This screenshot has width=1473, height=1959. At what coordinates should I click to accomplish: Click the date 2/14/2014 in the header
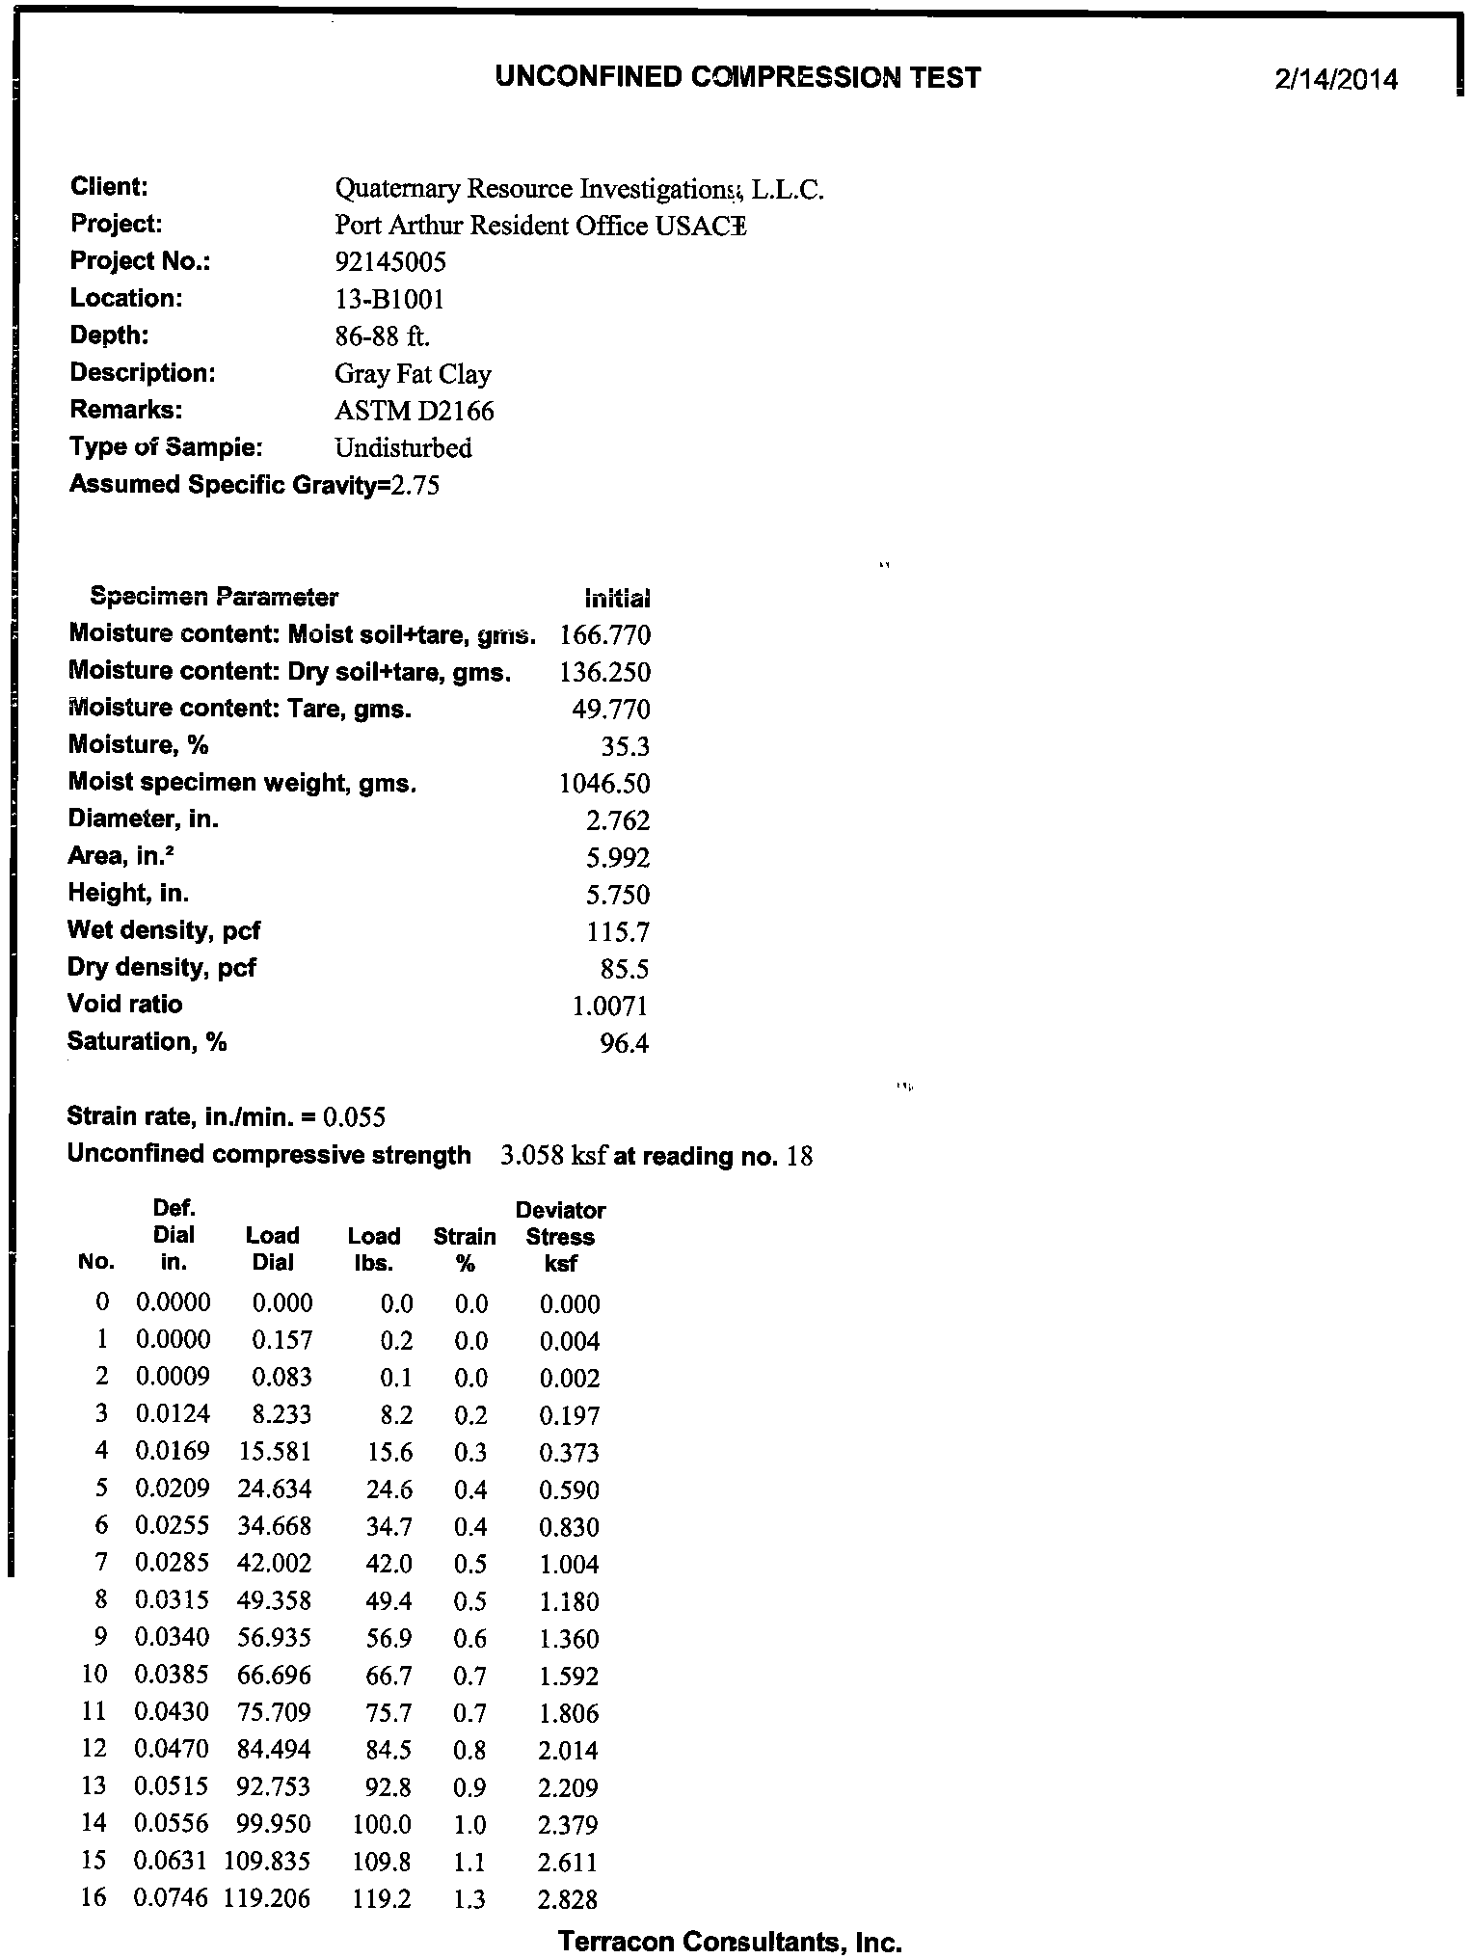1334,79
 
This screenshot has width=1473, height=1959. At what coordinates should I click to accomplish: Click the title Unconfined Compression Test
737,77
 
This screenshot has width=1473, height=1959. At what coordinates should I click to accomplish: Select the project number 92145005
390,262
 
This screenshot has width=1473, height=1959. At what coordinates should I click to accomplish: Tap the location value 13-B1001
389,300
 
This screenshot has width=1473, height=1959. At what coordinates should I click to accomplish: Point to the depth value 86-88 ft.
382,336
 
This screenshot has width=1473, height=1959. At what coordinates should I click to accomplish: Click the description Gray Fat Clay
413,374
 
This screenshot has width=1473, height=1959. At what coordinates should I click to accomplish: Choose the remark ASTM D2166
414,412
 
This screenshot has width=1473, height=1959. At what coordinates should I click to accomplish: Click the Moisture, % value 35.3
625,746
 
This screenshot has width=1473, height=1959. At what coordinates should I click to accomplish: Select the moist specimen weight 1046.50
604,783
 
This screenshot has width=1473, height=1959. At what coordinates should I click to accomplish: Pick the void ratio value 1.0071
610,1006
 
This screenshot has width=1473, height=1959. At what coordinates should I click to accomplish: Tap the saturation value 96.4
624,1043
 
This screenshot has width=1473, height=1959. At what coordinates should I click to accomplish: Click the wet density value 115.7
618,932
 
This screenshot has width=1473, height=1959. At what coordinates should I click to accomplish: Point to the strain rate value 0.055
355,1117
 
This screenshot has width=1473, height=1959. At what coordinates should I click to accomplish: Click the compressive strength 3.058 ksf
553,1155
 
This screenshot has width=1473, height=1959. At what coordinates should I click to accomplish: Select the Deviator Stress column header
560,1236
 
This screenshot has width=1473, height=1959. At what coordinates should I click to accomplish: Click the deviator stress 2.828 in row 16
568,1899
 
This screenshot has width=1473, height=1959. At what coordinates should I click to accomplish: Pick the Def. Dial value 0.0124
174,1415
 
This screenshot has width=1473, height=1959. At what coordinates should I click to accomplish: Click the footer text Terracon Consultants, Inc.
730,1941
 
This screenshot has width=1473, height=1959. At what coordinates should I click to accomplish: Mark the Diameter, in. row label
144,819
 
